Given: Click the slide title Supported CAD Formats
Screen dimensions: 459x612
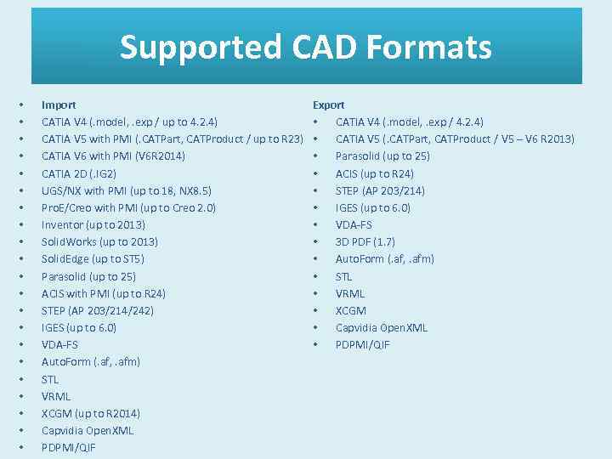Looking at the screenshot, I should point(306,47).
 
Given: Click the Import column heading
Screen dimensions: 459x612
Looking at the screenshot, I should point(59,105).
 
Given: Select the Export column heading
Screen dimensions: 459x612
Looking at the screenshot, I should point(329,105).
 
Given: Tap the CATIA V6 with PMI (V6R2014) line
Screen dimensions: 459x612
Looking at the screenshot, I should point(113,156).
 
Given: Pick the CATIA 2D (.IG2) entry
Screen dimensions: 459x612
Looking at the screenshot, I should point(79,173).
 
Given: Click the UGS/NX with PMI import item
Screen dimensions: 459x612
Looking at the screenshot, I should point(127,190).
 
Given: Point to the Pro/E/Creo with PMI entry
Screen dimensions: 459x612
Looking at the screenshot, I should point(128,207).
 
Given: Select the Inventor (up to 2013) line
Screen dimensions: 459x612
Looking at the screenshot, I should point(93,224).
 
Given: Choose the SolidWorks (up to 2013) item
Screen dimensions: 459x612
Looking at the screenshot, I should point(99,241).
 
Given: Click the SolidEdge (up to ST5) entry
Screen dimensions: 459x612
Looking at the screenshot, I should point(93,259).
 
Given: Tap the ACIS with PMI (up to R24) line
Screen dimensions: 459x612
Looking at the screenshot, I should point(104,293).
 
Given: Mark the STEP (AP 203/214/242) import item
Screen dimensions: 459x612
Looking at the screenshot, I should point(98,310).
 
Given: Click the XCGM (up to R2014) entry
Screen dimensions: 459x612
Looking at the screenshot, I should point(91,413).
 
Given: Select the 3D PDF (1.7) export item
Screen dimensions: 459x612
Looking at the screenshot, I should point(365,241).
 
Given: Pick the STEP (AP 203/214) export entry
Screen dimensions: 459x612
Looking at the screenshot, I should point(380,190).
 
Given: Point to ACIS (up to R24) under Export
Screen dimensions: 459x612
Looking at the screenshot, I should point(375,173).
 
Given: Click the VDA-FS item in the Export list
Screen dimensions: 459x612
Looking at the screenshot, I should point(354,224).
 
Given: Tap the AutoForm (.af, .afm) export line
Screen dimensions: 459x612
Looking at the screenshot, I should point(384,259).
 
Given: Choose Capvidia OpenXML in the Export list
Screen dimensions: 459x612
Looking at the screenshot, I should point(382,327).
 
